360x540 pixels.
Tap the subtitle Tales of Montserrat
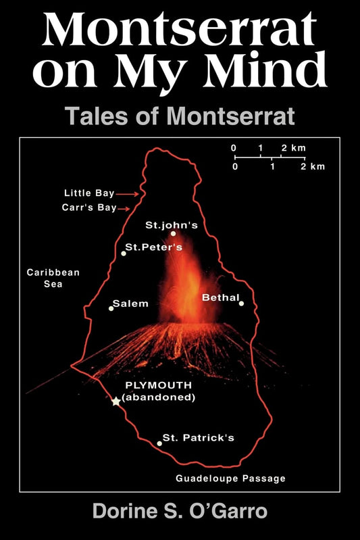click(x=180, y=116)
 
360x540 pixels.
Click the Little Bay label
click(x=89, y=193)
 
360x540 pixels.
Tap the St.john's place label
click(x=172, y=224)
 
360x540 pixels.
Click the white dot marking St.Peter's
click(x=124, y=253)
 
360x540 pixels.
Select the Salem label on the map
click(x=130, y=303)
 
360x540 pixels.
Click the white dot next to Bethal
click(x=241, y=303)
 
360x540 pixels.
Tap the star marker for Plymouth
click(x=116, y=401)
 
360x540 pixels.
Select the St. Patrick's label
click(x=199, y=438)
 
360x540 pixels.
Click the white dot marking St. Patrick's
click(x=159, y=443)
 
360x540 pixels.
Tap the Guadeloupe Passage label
click(x=230, y=478)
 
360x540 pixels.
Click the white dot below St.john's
click(x=173, y=234)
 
